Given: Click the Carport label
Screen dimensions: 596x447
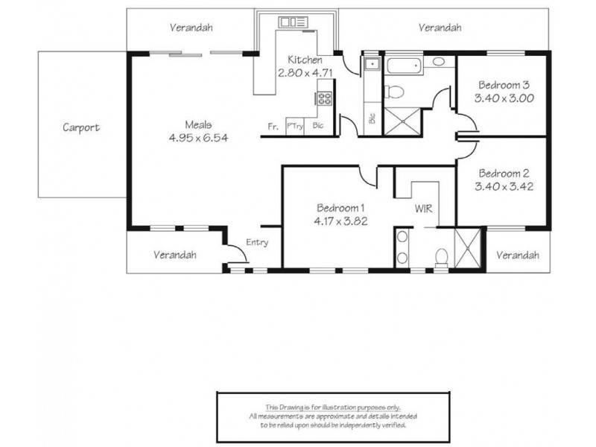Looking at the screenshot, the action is point(81,127).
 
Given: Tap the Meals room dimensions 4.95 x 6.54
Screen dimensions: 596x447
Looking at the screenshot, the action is point(198,138).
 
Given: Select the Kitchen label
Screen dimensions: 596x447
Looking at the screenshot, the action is point(305,60).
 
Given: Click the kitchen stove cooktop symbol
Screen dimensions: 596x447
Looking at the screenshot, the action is point(325,98).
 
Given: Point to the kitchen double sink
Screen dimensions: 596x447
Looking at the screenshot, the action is point(294,22).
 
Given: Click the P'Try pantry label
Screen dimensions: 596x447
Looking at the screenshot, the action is point(295,126).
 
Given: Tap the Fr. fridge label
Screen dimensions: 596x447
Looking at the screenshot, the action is point(273,127).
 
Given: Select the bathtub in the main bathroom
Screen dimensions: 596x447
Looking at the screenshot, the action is point(404,66).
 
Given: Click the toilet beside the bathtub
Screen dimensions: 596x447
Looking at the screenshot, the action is point(394,92).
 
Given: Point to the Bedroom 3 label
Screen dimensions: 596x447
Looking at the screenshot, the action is point(504,85).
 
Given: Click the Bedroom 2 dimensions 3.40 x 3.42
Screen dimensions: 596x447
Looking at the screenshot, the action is point(504,187).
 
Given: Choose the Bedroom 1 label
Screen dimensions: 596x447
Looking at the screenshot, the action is point(340,208).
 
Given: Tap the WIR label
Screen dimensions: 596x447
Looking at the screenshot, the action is point(423,209).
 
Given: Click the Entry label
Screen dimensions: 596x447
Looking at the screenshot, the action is point(257,243).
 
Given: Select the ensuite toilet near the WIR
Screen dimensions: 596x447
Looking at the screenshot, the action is point(441,257).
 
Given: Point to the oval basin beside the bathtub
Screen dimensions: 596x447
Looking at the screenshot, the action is point(438,61).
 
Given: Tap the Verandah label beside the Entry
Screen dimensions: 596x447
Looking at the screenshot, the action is point(175,255).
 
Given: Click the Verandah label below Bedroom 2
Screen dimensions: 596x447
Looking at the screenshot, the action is point(517,255).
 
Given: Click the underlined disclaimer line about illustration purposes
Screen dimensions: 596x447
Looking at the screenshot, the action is point(333,408).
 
